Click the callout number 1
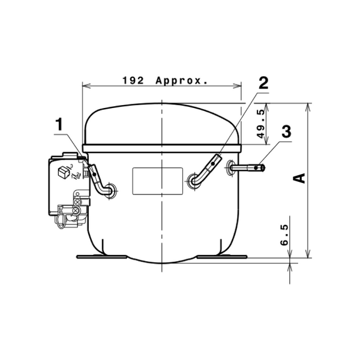pyautogui.click(x=59, y=124)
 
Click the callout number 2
pyautogui.click(x=263, y=83)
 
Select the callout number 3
pyautogui.click(x=286, y=131)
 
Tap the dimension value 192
pyautogui.click(x=133, y=80)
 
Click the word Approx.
pyautogui.click(x=181, y=81)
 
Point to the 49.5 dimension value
pyautogui.click(x=261, y=124)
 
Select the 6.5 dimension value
pyautogui.click(x=284, y=235)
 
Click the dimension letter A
pyautogui.click(x=299, y=178)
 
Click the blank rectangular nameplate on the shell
pyautogui.click(x=158, y=181)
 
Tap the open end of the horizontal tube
pyautogui.click(x=263, y=168)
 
